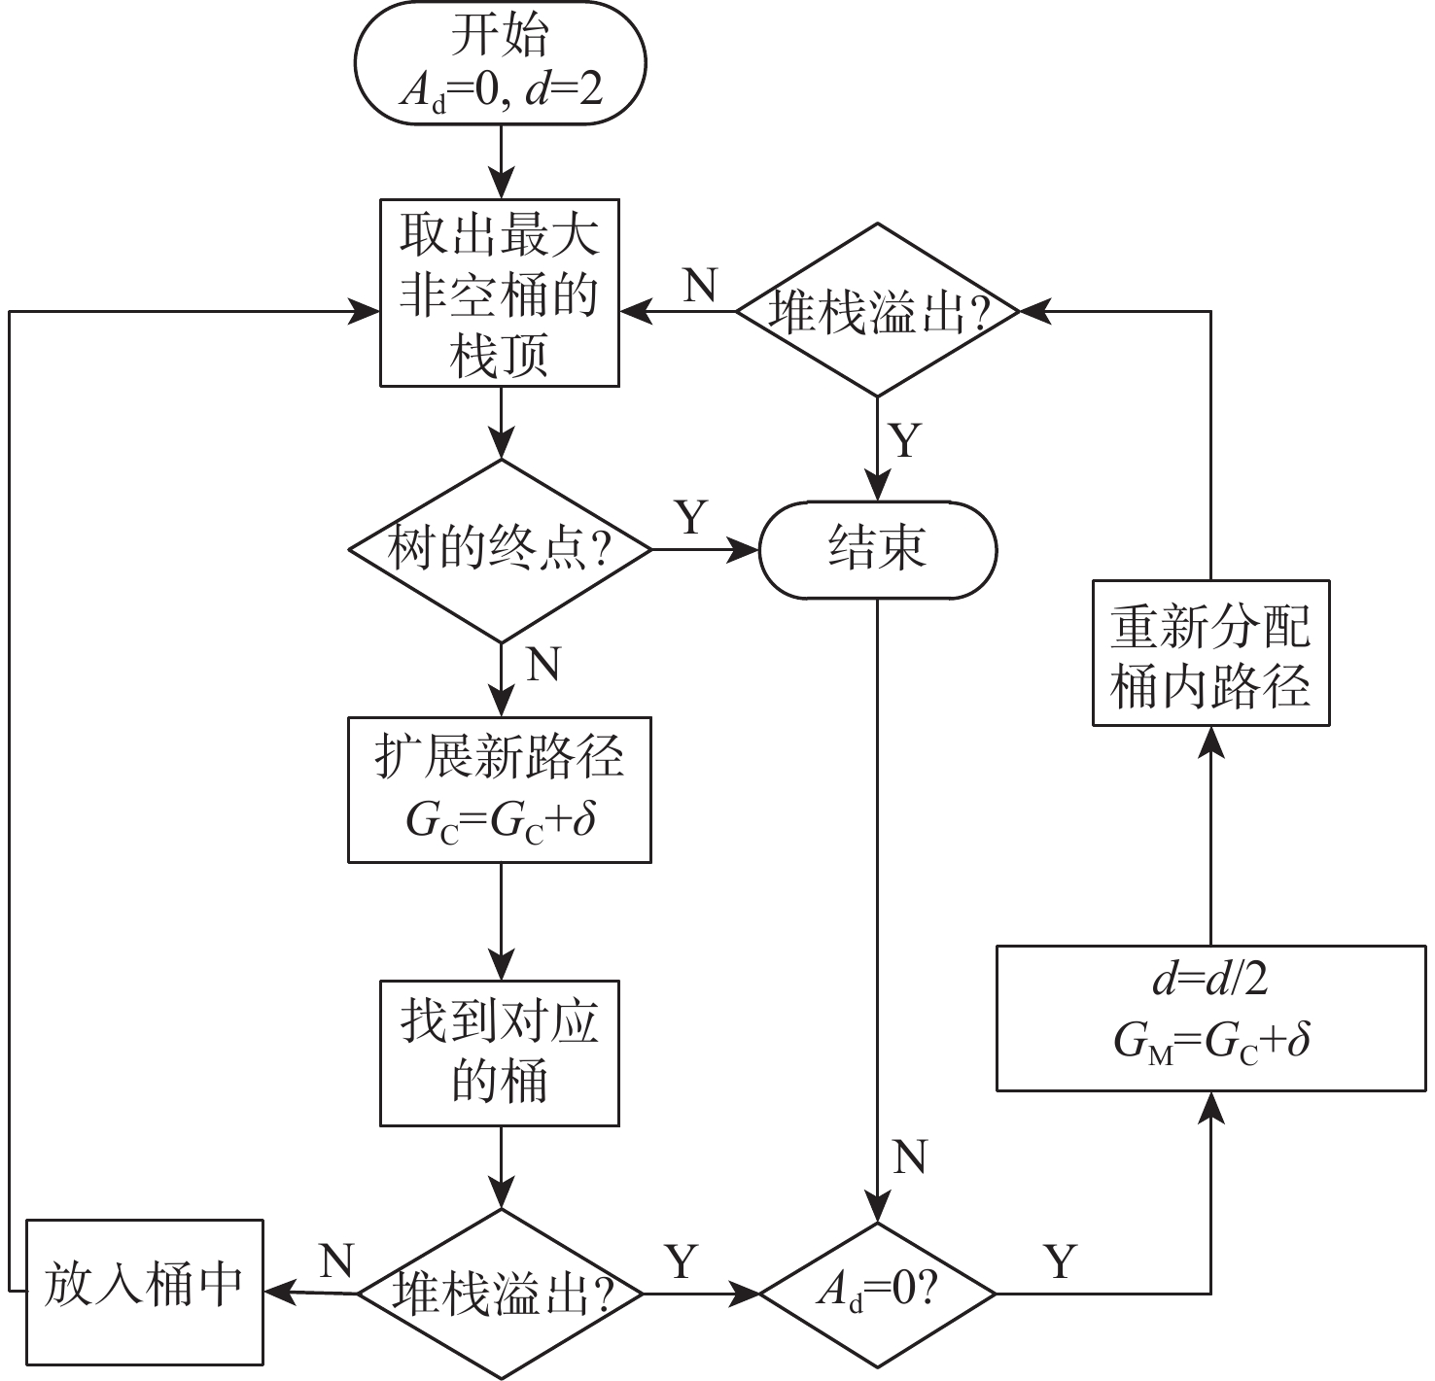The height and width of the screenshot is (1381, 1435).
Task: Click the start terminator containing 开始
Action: point(500,62)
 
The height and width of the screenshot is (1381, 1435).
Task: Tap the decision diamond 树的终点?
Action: point(500,550)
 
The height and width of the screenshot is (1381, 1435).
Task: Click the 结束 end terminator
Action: point(877,550)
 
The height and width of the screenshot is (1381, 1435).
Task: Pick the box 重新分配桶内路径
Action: point(1210,653)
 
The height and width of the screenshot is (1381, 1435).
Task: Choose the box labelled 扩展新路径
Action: point(500,789)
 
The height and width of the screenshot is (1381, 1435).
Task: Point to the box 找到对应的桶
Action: point(500,1053)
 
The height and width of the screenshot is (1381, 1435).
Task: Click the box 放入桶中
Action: point(144,1292)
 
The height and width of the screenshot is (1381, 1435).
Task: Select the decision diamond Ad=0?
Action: point(877,1294)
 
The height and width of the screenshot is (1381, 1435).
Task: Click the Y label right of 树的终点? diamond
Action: point(691,518)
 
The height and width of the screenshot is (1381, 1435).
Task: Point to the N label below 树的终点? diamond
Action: point(544,666)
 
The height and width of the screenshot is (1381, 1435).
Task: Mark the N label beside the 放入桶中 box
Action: point(335,1260)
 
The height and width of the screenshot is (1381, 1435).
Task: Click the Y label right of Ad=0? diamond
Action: point(1061,1261)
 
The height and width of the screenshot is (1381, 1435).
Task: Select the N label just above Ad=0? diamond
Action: point(910,1157)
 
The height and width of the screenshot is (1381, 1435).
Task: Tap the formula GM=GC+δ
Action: point(1210,1043)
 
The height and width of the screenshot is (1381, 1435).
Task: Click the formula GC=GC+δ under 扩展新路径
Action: point(500,822)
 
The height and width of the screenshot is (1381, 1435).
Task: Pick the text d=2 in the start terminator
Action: point(564,90)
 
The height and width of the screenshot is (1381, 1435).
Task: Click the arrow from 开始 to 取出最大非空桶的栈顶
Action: point(501,161)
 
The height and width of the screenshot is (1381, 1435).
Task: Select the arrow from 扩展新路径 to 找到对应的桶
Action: point(501,921)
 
